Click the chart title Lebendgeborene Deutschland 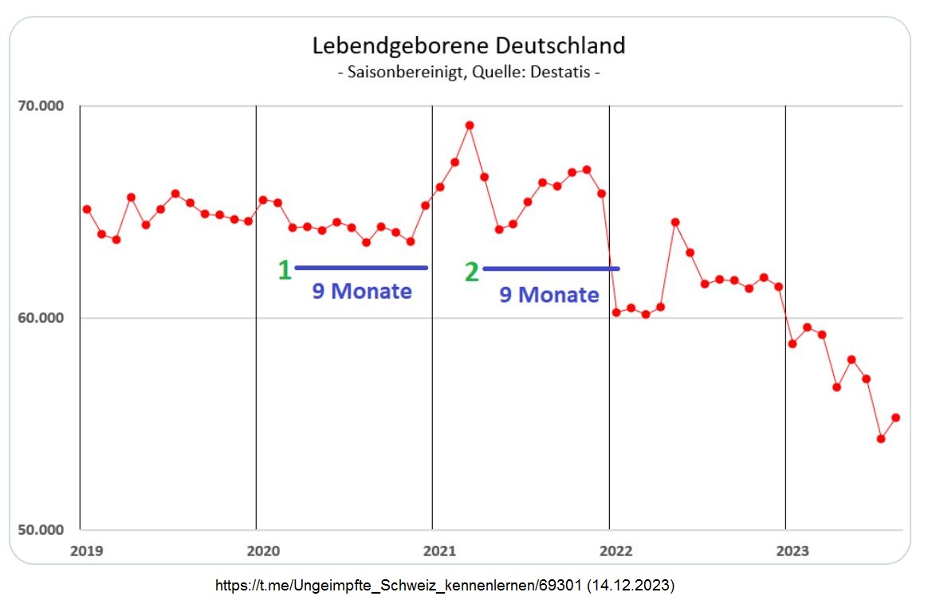coord(468,45)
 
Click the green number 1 coord(284,271)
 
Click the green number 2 coord(472,273)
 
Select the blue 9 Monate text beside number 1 coord(361,292)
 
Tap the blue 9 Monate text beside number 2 coord(549,295)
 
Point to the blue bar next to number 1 coord(361,268)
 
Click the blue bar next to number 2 coord(550,269)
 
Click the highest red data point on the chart coord(470,125)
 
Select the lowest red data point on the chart coord(881,439)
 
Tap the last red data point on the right coord(895,418)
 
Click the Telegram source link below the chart coord(445,586)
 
